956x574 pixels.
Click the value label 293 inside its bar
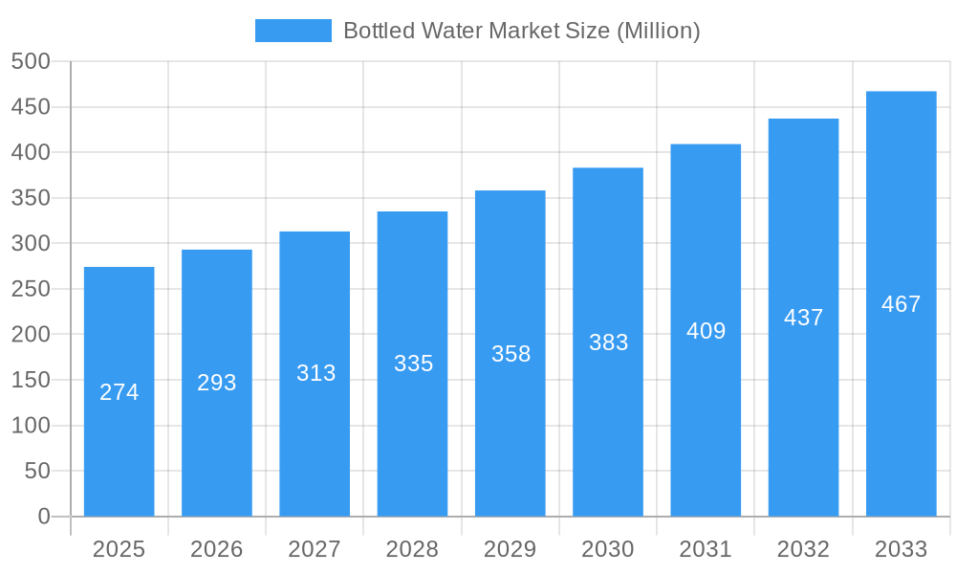point(217,383)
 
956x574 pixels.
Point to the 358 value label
point(511,354)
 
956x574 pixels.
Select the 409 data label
point(706,331)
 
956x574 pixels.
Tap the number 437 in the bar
point(803,318)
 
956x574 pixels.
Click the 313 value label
point(315,373)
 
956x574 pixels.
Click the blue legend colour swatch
point(293,31)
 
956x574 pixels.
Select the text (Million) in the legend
point(658,31)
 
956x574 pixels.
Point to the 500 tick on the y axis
point(31,61)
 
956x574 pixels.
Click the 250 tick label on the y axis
point(31,289)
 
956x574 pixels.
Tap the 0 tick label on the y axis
point(43,517)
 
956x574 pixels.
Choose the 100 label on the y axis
point(31,426)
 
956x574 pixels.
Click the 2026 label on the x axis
point(217,549)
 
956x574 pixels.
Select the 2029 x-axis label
point(510,549)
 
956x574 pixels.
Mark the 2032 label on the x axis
point(803,549)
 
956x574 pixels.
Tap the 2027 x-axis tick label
point(315,549)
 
